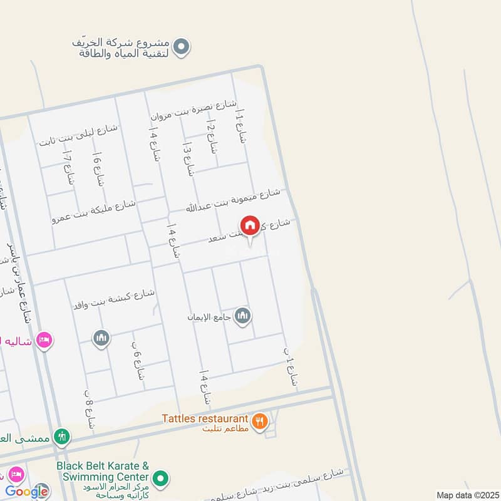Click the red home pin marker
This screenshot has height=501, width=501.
pyautogui.click(x=250, y=225)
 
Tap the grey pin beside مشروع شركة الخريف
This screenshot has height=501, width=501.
pyautogui.click(x=181, y=46)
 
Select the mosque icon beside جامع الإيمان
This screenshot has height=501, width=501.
pyautogui.click(x=243, y=316)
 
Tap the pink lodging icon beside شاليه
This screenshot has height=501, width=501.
pyautogui.click(x=44, y=340)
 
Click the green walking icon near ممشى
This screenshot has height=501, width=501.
pyautogui.click(x=61, y=436)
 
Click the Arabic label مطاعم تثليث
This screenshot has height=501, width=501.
pyautogui.click(x=225, y=428)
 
